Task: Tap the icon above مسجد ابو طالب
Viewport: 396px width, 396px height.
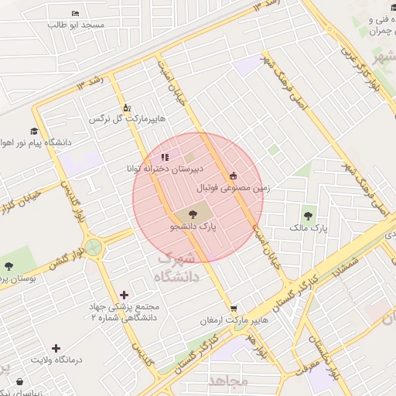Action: coord(75,14)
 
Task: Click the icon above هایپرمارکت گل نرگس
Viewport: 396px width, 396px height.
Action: coord(127,108)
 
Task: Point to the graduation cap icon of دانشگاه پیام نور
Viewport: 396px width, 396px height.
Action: coord(34,131)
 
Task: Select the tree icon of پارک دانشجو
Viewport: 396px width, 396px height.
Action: coord(192,214)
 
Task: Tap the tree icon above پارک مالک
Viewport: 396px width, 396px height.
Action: coord(309,216)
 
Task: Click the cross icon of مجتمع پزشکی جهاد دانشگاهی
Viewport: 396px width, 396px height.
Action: coord(125,295)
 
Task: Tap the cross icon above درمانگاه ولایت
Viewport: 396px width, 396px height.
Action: coord(56,349)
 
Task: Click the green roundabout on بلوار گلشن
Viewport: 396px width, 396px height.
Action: coord(94,247)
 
